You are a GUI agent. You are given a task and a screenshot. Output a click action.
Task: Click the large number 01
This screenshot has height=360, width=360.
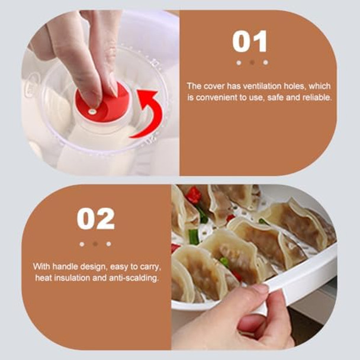click(250, 41)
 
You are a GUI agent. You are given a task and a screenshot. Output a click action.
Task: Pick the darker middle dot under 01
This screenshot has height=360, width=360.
click(251, 62)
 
